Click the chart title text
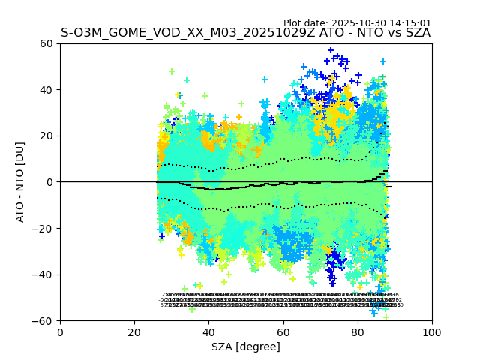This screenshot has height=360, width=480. (245, 33)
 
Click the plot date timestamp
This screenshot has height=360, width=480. (357, 23)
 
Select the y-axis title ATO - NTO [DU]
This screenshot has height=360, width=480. (20, 181)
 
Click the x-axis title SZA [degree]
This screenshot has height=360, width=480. (245, 346)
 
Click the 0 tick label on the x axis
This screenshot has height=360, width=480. (60, 331)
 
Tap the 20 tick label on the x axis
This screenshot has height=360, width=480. (134, 331)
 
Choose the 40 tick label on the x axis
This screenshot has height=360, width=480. (208, 331)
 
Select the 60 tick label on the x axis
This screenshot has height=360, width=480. (283, 331)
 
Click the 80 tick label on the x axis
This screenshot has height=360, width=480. (358, 331)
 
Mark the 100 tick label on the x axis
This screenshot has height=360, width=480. (432, 331)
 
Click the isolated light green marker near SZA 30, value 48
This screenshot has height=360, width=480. (172, 71)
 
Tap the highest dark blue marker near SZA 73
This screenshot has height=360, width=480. (331, 50)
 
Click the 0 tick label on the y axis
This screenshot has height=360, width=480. (51, 182)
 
